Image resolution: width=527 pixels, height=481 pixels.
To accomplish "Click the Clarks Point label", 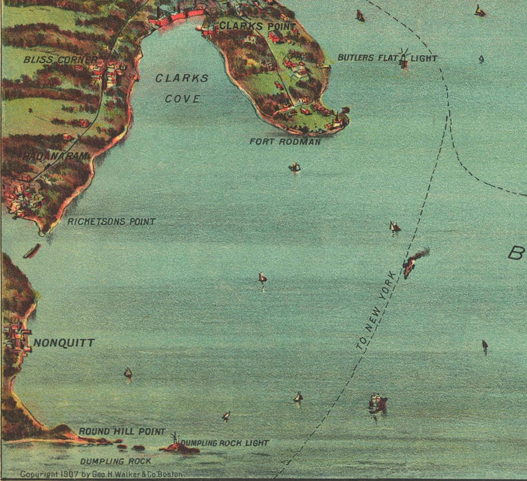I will point(248,26).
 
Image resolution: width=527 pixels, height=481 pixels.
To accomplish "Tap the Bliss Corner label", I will point(60,59).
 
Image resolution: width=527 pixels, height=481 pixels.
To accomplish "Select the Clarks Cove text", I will point(181,88).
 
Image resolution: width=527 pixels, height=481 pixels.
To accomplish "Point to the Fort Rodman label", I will point(285,142).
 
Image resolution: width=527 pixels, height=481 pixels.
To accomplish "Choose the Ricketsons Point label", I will point(112,222).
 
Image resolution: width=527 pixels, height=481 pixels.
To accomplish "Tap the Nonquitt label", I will point(64,343).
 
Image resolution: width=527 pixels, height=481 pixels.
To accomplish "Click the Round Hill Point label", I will point(121,432).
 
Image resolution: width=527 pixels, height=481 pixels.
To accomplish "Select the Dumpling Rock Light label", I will point(225,442).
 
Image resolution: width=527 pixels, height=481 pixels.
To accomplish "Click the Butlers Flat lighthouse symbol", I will point(404,59).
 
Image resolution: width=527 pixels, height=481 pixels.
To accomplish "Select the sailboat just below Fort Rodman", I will point(295,167).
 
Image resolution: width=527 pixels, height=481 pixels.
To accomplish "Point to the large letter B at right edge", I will point(516,253).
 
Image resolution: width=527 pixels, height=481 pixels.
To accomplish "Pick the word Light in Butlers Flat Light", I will point(424,58).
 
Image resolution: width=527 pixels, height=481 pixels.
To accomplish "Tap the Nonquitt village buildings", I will point(17,338).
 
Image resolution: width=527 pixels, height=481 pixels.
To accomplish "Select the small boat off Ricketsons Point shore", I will point(31,251).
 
